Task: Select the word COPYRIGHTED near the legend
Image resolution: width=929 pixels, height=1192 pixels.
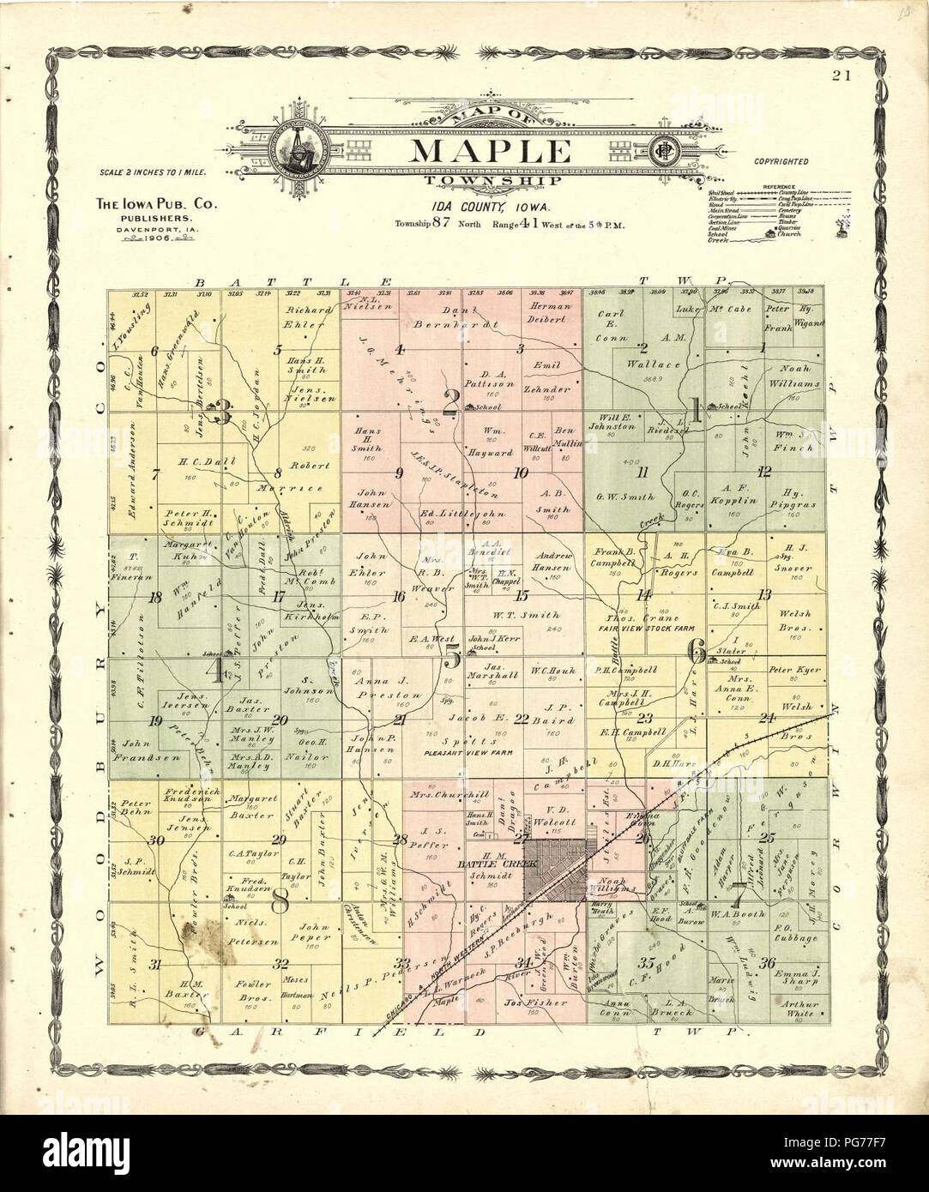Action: click(x=781, y=160)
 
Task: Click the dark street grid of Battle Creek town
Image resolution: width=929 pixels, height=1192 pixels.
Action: click(x=556, y=868)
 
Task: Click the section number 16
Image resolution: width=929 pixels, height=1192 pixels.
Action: click(x=398, y=597)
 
